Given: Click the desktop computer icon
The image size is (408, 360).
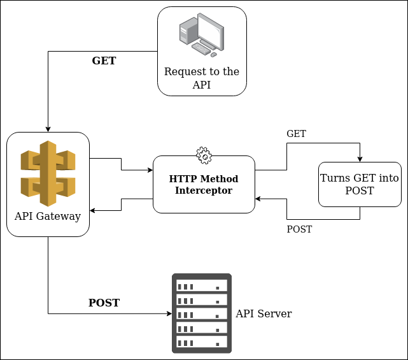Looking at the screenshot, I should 201,35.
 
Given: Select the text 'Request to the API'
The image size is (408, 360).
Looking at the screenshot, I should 202,78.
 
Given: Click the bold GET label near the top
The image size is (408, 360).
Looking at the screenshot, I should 104,61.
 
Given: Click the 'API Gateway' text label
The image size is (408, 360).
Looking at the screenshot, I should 48,216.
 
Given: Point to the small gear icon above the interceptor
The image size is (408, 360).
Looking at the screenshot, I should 204,154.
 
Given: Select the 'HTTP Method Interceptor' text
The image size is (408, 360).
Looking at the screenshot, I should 204,184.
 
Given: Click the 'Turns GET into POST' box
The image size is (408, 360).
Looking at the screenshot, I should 360,184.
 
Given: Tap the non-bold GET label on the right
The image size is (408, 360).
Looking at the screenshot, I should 296,134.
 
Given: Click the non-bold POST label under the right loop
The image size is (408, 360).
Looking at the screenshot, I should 299,229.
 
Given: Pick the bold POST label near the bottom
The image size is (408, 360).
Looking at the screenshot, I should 104,303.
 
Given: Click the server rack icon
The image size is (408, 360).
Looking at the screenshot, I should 202,313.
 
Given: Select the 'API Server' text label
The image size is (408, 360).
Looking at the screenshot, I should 264,313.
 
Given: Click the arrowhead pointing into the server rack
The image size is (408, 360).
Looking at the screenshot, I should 169,313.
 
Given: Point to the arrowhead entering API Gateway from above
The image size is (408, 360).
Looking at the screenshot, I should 48,129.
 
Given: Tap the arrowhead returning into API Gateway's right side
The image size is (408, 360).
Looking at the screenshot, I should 93,210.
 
